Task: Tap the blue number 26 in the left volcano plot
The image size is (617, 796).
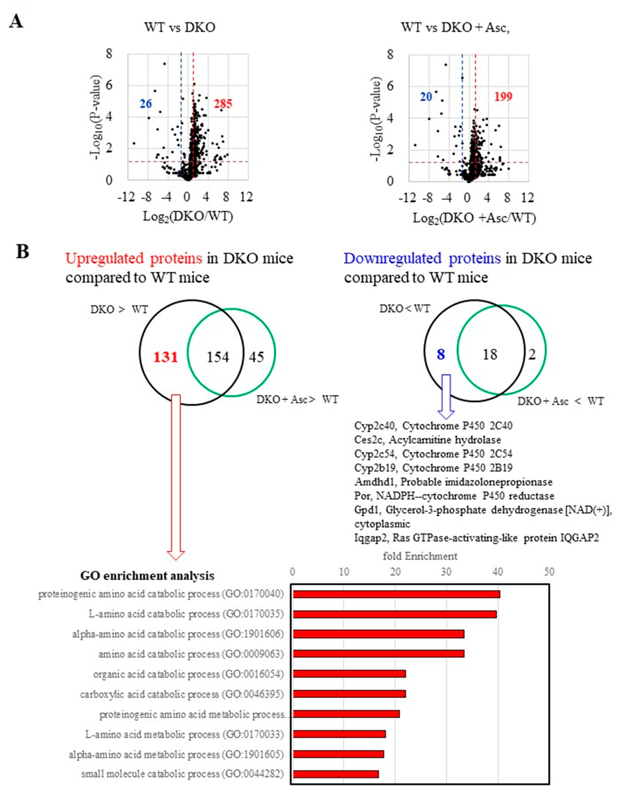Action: tap(146, 104)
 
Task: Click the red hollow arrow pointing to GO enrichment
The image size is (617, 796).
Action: tap(176, 474)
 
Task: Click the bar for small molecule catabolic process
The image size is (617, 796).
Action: tap(336, 774)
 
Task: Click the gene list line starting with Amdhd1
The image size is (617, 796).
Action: tap(453, 482)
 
